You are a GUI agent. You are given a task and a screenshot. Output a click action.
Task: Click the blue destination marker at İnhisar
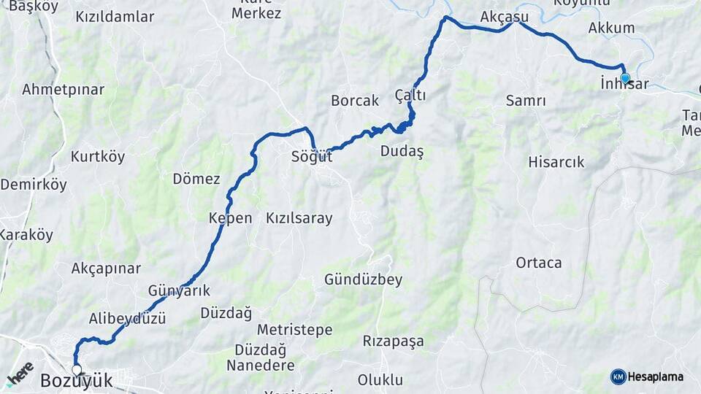(625, 78)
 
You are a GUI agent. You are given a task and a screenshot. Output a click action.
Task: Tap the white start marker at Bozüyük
(77, 371)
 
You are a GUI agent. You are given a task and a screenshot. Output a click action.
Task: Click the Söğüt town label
(312, 156)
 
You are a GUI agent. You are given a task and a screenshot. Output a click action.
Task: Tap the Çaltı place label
(410, 96)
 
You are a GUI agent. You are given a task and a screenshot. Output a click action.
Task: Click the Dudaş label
(402, 151)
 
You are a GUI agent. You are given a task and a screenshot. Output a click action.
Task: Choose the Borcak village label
(355, 101)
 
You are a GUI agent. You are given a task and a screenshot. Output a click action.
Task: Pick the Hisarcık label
(556, 162)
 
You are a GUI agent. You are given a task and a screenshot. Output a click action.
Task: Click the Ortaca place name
(538, 263)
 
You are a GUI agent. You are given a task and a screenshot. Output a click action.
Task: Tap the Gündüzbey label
(363, 279)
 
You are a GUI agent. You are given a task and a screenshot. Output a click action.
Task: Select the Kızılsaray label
(299, 218)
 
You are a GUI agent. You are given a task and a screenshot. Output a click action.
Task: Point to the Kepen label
(230, 218)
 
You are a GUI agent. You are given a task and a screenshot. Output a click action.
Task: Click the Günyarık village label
(179, 290)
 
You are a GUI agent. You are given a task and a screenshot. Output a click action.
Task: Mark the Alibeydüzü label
(127, 319)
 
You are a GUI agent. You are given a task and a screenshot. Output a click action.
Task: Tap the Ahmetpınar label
(63, 90)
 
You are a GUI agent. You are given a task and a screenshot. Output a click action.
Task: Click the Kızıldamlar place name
(115, 16)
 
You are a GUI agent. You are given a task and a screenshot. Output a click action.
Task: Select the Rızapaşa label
(393, 341)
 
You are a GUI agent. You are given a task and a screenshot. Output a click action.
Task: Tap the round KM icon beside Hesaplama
(618, 376)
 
